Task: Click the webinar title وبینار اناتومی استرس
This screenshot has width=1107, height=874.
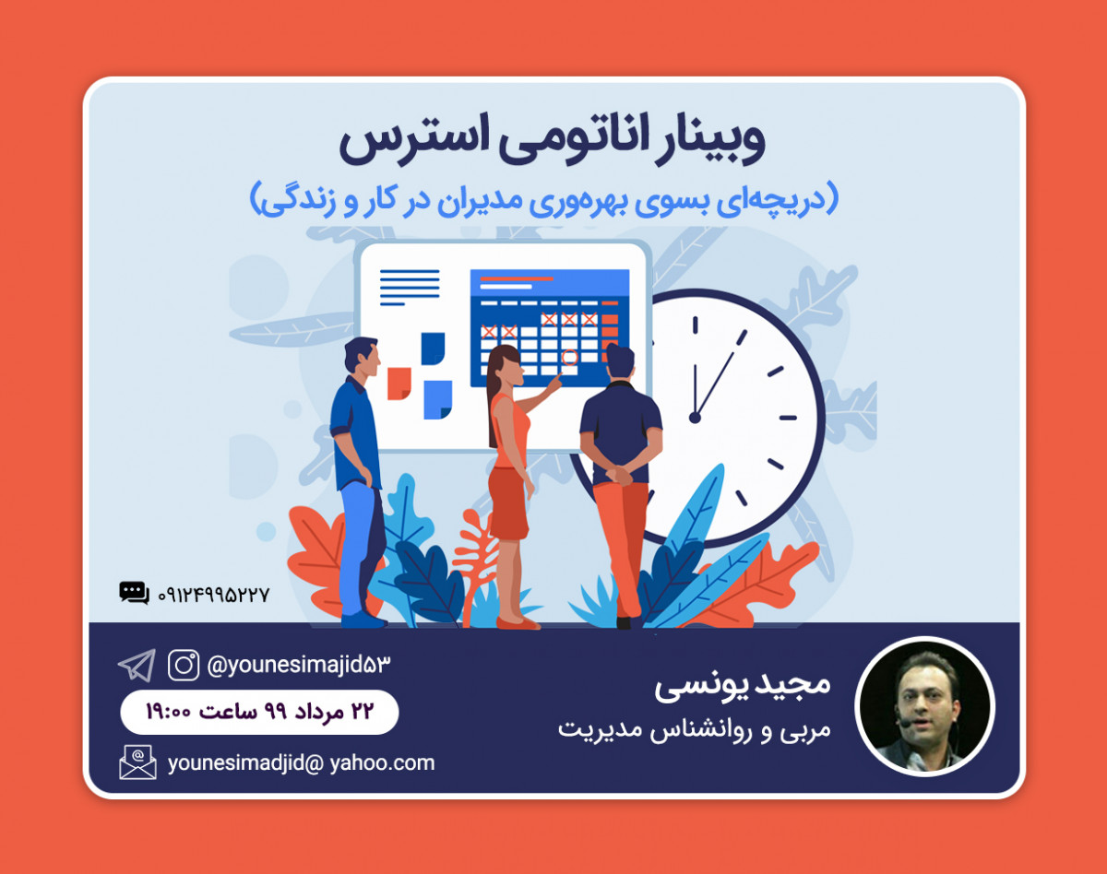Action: pyautogui.click(x=551, y=143)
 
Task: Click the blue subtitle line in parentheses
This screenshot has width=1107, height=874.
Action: pyautogui.click(x=545, y=199)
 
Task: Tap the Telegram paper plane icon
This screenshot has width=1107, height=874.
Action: pyautogui.click(x=137, y=665)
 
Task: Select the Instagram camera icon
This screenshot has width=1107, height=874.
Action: pyautogui.click(x=184, y=665)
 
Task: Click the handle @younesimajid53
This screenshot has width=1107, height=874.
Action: pyautogui.click(x=300, y=664)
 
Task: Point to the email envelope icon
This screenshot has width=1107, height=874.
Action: pyautogui.click(x=137, y=762)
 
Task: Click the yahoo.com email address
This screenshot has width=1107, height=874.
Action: pyautogui.click(x=302, y=762)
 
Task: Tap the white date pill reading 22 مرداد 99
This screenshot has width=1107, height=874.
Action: pyautogui.click(x=259, y=712)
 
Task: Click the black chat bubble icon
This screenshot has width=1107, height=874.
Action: pyautogui.click(x=134, y=593)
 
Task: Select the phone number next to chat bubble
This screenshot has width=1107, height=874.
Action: pyautogui.click(x=213, y=595)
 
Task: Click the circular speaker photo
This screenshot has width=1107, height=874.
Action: pyautogui.click(x=925, y=706)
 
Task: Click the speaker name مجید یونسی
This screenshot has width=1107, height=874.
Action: pyautogui.click(x=743, y=685)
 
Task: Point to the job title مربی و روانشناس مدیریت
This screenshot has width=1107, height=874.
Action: pyautogui.click(x=694, y=728)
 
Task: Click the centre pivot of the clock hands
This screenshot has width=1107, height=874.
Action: pyautogui.click(x=696, y=418)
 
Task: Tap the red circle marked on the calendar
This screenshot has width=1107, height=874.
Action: pyautogui.click(x=569, y=357)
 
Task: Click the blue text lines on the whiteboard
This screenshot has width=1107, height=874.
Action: pyautogui.click(x=410, y=288)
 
